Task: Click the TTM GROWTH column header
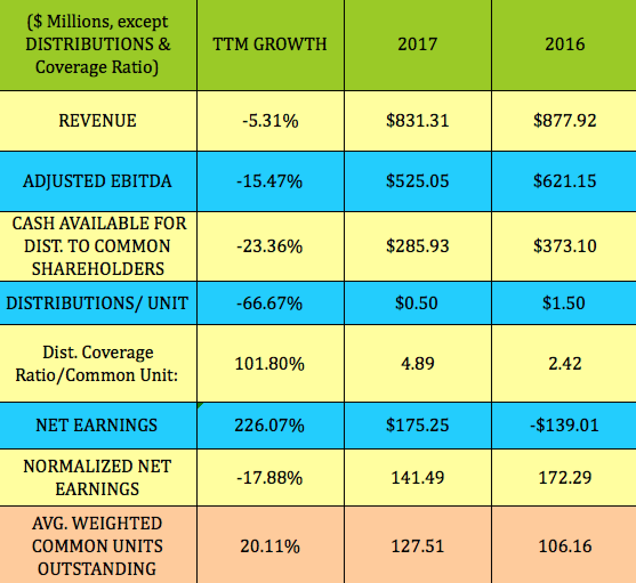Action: coord(270,44)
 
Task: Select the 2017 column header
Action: coord(417,44)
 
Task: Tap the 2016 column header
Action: coord(565,44)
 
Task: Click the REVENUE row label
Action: coord(98,120)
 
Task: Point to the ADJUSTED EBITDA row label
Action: coord(98,181)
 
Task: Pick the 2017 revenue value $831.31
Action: coord(417,120)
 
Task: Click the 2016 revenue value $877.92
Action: coord(565,120)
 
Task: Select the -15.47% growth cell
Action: coord(269,181)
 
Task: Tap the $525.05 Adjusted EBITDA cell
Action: coord(417,181)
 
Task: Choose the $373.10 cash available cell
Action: coord(565,246)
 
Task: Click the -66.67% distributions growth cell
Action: coord(269,302)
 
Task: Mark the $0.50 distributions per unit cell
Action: coord(417,302)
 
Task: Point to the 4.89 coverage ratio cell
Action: coord(417,363)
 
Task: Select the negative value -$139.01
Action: coord(565,425)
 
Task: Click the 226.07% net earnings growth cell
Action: coord(269,425)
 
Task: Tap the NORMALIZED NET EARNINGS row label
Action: coord(97,477)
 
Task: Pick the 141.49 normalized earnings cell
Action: coord(417,477)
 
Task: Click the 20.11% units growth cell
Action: coord(269,546)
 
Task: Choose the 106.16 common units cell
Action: coord(565,546)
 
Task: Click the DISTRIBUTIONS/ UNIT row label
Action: coord(98,302)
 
